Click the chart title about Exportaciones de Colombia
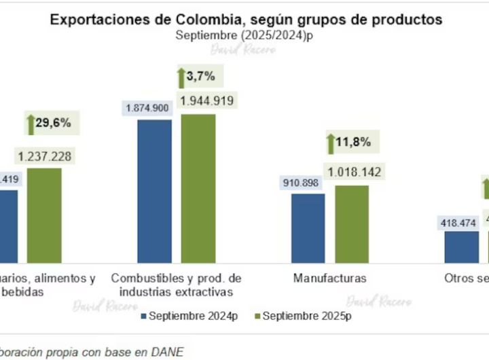245,20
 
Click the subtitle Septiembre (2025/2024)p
245,36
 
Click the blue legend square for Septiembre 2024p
143,316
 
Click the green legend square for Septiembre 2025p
256,316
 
